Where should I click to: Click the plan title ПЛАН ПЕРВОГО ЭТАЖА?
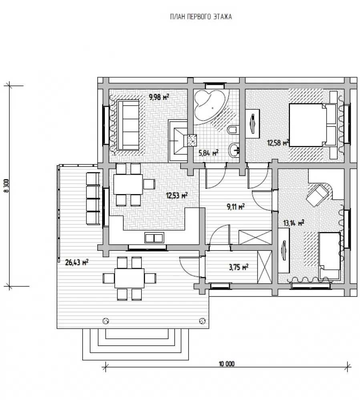[x=201, y=17]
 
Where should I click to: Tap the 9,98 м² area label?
[x=159, y=97]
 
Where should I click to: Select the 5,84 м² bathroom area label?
[x=209, y=153]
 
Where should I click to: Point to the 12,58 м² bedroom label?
[x=278, y=143]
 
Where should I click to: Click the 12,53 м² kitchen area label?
[x=177, y=196]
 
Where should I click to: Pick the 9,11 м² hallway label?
[x=235, y=206]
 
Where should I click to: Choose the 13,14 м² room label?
[x=294, y=223]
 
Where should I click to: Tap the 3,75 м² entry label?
[x=239, y=267]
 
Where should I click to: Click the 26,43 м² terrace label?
[x=76, y=262]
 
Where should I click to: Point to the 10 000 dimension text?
[x=227, y=364]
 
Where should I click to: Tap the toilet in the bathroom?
[x=233, y=130]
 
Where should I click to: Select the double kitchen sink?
[x=154, y=238]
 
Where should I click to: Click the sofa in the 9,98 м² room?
[x=128, y=125]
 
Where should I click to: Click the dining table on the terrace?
[x=129, y=278]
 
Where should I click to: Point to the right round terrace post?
[x=203, y=321]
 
